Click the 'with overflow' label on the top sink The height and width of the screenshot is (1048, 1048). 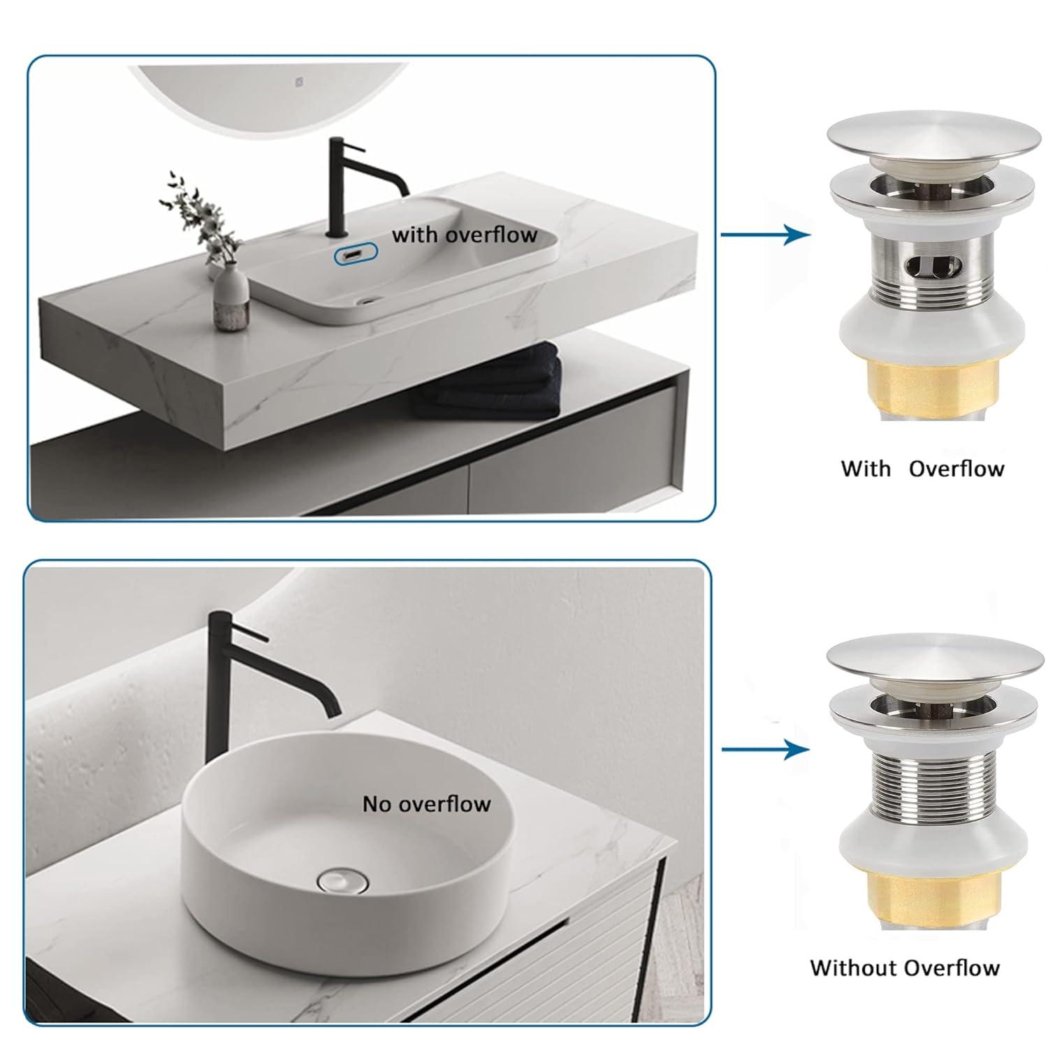click(x=464, y=234)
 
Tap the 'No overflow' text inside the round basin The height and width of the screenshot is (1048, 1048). click(x=426, y=804)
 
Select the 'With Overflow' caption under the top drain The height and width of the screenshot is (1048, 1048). click(x=922, y=468)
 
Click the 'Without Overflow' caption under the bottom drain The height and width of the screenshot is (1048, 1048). click(x=905, y=968)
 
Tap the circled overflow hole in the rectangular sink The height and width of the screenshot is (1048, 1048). click(x=356, y=255)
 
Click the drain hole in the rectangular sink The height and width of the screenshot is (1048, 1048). click(x=365, y=303)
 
